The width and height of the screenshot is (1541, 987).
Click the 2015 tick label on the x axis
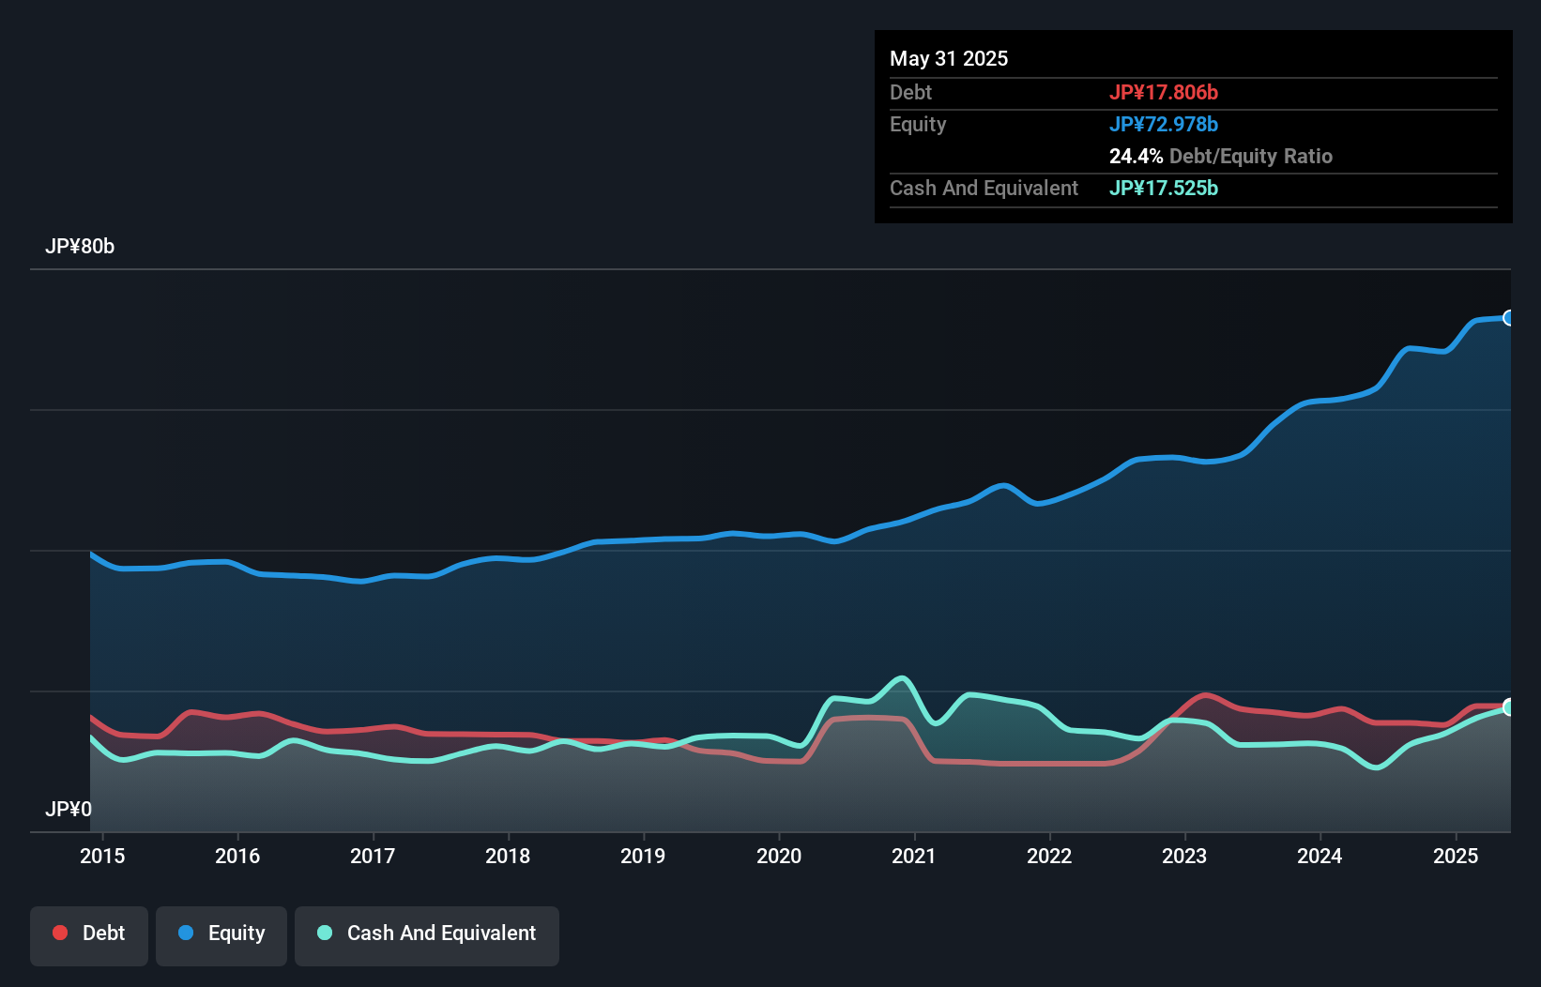[102, 856]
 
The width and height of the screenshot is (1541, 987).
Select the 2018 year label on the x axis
[508, 856]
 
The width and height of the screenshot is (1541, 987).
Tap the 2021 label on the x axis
[913, 856]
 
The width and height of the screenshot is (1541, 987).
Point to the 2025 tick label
[1455, 856]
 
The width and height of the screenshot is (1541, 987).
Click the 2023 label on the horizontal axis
[1184, 856]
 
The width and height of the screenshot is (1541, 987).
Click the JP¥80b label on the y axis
[80, 247]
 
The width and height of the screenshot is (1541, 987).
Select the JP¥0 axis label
[69, 809]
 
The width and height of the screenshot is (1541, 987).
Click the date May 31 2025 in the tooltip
[949, 59]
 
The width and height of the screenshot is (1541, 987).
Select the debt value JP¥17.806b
[1164, 92]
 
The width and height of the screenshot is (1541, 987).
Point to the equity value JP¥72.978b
[1164, 124]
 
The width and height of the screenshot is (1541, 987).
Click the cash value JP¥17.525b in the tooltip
[1164, 188]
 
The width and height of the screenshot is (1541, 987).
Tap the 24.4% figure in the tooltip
[1136, 156]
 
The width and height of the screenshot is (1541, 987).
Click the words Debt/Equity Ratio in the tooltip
[1251, 156]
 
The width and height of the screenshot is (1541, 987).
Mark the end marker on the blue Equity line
[1509, 318]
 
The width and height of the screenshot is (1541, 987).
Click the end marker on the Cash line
[1509, 707]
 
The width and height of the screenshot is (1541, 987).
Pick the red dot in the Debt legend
[60, 933]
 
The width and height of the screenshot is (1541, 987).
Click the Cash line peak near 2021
[902, 677]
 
